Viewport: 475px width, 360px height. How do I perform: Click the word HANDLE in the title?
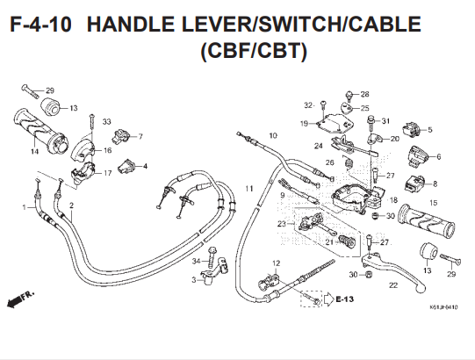(x=131, y=25)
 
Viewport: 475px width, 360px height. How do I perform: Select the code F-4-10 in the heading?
(x=41, y=25)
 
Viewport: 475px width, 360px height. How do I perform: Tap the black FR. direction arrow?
(x=15, y=302)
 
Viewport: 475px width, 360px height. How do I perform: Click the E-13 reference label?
(x=345, y=299)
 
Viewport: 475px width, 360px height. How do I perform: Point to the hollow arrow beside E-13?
(x=328, y=299)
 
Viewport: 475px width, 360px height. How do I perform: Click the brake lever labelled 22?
(x=394, y=270)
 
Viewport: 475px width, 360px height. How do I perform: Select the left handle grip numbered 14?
(x=41, y=132)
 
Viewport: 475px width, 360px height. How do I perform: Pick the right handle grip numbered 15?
(x=427, y=221)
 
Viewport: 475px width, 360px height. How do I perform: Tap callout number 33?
(x=106, y=121)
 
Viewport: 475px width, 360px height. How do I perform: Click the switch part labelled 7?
(x=121, y=135)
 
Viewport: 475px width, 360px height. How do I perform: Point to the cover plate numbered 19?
(x=335, y=123)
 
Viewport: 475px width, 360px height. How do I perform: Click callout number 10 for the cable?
(x=273, y=135)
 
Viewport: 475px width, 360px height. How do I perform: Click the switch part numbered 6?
(x=417, y=156)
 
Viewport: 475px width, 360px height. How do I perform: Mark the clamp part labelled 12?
(x=269, y=281)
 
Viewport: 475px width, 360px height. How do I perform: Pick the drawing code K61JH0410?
(x=443, y=307)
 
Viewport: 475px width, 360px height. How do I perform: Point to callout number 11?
(x=249, y=189)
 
